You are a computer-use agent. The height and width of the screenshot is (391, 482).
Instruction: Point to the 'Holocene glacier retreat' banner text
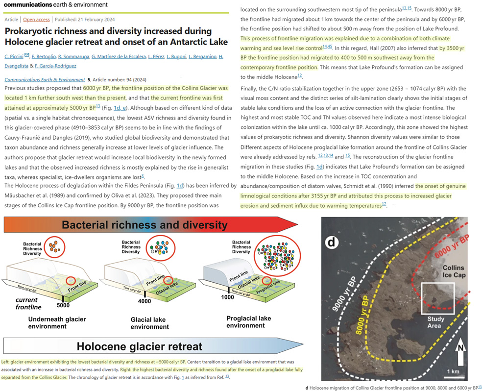pos(140,347)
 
